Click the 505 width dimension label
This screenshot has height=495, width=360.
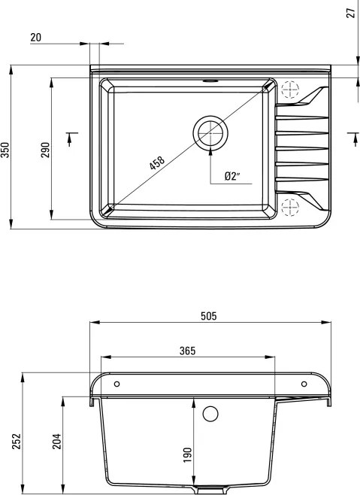coord(208,316)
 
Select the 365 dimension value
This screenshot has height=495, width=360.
coord(187,351)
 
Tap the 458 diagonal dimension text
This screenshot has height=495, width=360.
coord(157,163)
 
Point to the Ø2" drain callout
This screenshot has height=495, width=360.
coord(232,175)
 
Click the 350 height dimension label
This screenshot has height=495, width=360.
coord(6,150)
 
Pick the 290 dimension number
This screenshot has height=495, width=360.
coord(45,150)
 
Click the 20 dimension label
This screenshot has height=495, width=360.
coord(35,38)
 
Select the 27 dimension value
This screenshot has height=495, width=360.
coord(351,13)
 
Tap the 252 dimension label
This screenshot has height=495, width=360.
coord(17,442)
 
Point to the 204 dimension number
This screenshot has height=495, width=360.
coord(57,442)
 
